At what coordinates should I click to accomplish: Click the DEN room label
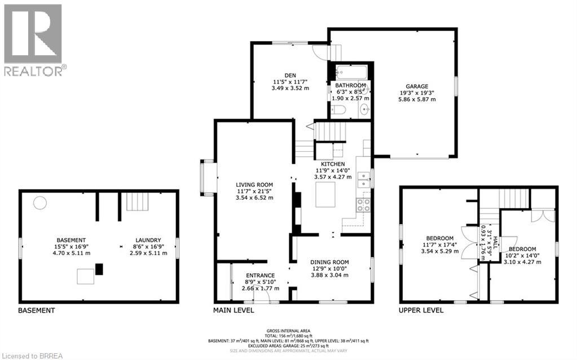click(x=290, y=75)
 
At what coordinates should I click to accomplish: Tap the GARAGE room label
click(x=417, y=86)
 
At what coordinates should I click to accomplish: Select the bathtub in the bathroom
click(x=351, y=73)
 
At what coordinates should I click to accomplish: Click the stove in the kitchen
click(x=363, y=205)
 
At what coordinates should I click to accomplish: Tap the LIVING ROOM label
click(x=254, y=185)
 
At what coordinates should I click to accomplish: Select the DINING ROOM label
click(x=329, y=262)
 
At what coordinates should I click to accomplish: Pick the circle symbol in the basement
click(x=39, y=203)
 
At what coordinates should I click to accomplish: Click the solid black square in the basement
click(x=99, y=269)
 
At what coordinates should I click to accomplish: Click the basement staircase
click(x=135, y=201)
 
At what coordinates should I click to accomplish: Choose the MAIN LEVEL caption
click(x=233, y=310)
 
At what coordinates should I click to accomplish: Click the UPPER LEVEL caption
click(x=421, y=310)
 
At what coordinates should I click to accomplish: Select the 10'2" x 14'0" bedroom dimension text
click(x=522, y=255)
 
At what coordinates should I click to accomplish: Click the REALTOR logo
click(x=33, y=39)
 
